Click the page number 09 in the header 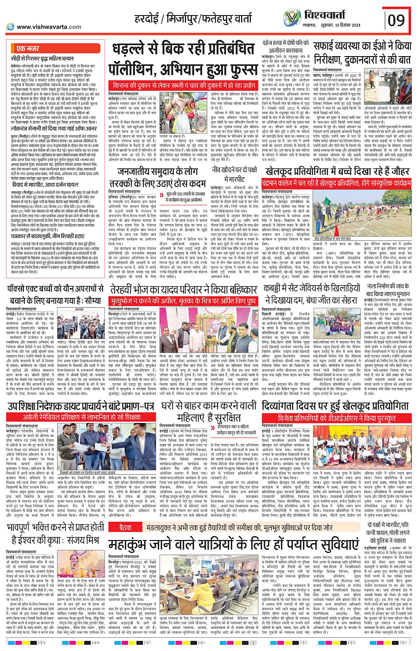[x=396, y=20]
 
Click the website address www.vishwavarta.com [x=49, y=27]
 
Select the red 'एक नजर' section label [x=27, y=48]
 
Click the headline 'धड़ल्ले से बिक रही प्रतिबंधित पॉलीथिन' [x=184, y=60]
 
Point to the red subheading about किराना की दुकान [x=184, y=85]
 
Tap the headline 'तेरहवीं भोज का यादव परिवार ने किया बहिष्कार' [x=184, y=289]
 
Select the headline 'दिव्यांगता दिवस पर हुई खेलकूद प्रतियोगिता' [x=335, y=406]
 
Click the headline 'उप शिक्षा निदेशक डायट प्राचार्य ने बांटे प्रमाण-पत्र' [x=81, y=406]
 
